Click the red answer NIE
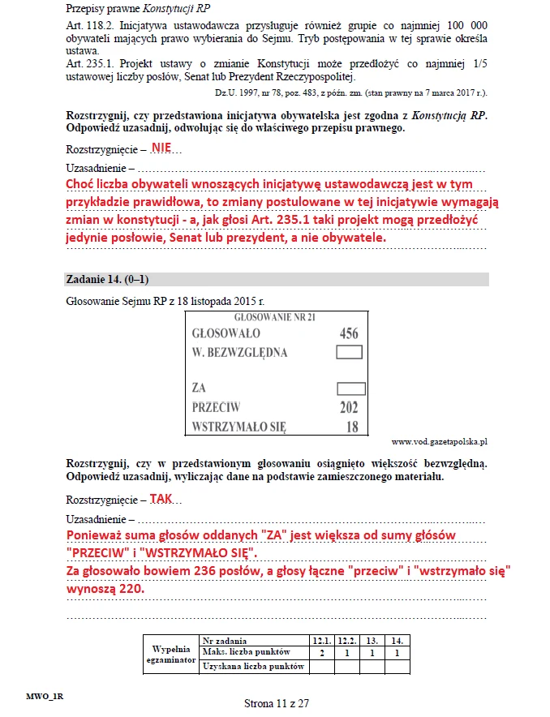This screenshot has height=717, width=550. (161, 148)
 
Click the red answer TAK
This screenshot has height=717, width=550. (161, 500)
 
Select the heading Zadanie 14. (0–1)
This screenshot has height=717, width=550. (105, 279)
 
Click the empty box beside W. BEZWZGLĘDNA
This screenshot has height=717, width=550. (349, 352)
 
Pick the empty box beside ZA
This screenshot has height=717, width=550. (349, 389)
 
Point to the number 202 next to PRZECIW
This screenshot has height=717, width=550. (348, 407)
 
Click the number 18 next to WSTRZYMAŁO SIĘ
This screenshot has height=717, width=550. (351, 426)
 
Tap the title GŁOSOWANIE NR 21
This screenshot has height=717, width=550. (274, 316)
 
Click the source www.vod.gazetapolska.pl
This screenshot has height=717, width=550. (438, 442)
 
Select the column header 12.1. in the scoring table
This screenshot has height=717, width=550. (323, 640)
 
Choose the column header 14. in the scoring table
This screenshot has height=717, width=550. (397, 640)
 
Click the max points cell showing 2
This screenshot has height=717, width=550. (323, 652)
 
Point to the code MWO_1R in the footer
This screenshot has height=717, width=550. (45, 695)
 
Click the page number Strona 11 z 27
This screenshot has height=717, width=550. (277, 703)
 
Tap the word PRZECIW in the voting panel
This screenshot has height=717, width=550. (216, 407)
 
